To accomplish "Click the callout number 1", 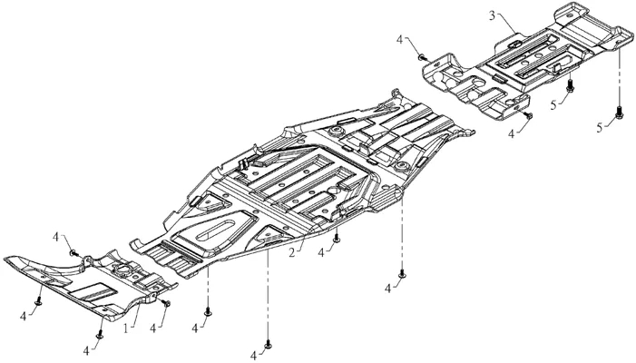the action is [x=126, y=329].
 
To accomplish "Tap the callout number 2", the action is [x=291, y=252].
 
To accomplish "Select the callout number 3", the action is [x=492, y=15].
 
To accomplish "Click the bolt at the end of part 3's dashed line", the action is [x=619, y=112].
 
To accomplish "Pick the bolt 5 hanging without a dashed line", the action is [x=570, y=85].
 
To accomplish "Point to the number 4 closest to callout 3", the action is [x=400, y=40].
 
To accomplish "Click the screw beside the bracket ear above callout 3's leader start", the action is [x=422, y=57].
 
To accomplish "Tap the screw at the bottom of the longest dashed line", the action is [x=268, y=344].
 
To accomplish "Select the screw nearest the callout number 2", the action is [x=337, y=239].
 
